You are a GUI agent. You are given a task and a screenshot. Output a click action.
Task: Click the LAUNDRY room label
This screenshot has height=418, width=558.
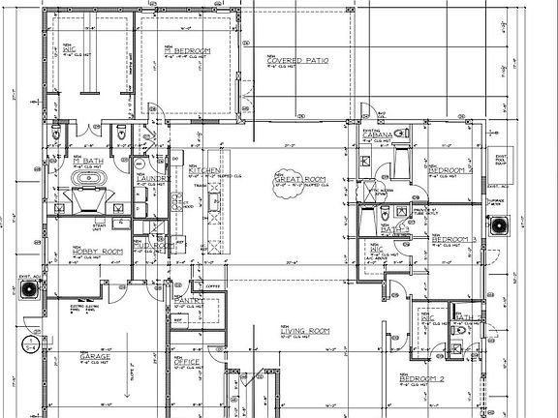click(153, 179)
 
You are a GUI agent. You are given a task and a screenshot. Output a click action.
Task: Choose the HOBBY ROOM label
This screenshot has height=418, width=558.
click(98, 252)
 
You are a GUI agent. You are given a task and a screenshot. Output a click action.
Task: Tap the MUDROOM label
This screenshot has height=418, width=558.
click(154, 246)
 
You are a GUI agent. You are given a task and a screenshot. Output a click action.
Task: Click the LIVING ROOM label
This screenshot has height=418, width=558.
click(304, 331)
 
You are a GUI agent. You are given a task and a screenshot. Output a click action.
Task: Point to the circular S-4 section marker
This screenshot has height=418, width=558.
click(32, 343)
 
